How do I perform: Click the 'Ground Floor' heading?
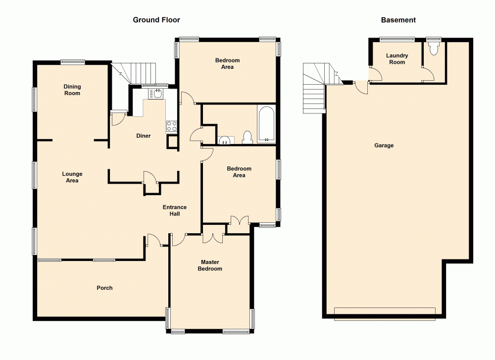click(x=156, y=20)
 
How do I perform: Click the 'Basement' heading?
click(x=398, y=20)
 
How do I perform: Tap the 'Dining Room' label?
click(x=72, y=90)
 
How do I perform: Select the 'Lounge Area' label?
click(x=72, y=177)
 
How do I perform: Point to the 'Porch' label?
click(x=104, y=288)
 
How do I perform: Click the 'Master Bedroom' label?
click(x=210, y=265)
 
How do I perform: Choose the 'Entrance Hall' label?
click(x=175, y=210)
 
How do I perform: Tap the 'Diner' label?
click(x=144, y=136)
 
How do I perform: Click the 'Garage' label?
click(x=384, y=146)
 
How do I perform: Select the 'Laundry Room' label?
click(x=397, y=59)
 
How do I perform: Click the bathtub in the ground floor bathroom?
click(x=267, y=125)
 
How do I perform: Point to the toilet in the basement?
click(x=435, y=48)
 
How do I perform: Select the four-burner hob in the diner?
click(x=171, y=126)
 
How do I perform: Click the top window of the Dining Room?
click(x=73, y=62)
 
